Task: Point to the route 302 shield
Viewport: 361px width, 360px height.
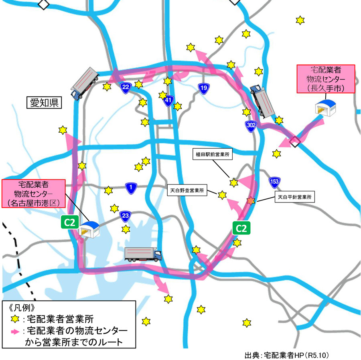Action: tap(251, 126)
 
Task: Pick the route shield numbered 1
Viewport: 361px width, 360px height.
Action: tap(130, 187)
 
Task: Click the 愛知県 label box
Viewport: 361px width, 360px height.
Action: tap(45, 103)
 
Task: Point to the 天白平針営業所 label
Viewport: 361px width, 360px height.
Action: tap(294, 197)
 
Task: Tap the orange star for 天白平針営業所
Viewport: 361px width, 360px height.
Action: tap(251, 201)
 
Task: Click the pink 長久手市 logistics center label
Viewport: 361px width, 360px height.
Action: tap(325, 79)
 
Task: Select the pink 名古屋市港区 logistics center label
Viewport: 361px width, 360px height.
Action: tap(34, 194)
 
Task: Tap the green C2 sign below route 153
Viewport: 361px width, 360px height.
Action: tap(242, 229)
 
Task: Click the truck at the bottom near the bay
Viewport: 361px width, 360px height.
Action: tap(143, 254)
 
